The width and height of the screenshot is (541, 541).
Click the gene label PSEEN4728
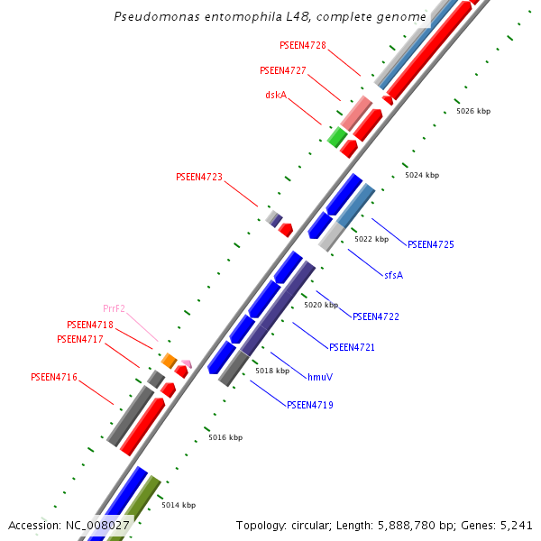click(x=303, y=45)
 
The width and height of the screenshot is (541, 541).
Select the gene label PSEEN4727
click(x=283, y=70)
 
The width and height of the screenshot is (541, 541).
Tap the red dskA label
click(x=276, y=95)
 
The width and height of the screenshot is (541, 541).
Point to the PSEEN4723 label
click(x=198, y=178)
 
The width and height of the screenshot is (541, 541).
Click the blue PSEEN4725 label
click(x=431, y=244)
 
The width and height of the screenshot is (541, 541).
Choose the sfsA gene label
click(x=394, y=275)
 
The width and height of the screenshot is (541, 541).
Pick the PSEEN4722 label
click(x=376, y=316)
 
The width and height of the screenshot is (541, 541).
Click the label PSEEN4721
click(x=352, y=347)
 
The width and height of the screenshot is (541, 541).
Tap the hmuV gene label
click(x=320, y=377)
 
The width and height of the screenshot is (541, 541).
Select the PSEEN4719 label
click(x=310, y=406)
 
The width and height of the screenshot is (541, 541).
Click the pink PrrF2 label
click(x=114, y=308)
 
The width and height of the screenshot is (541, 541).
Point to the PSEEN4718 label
click(x=90, y=325)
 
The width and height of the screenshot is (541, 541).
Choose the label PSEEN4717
click(x=80, y=340)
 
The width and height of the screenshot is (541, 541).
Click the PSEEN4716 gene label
click(x=54, y=377)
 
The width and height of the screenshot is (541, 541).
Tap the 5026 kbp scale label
click(x=473, y=111)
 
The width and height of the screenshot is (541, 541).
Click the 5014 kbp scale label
click(x=179, y=505)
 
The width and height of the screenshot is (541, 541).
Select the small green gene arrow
click(x=337, y=137)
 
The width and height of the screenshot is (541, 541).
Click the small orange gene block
click(x=169, y=361)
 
